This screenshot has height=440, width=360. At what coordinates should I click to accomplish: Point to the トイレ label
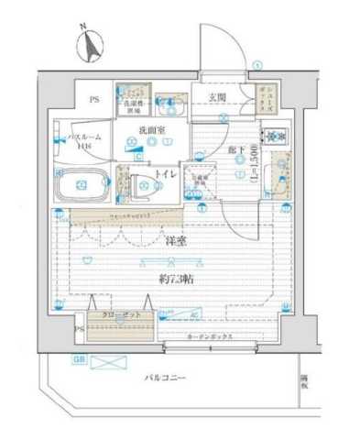(x=167, y=172)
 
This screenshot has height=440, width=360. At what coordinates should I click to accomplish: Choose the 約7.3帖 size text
(x=177, y=277)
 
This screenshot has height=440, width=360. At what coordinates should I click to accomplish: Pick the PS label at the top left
(x=93, y=100)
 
